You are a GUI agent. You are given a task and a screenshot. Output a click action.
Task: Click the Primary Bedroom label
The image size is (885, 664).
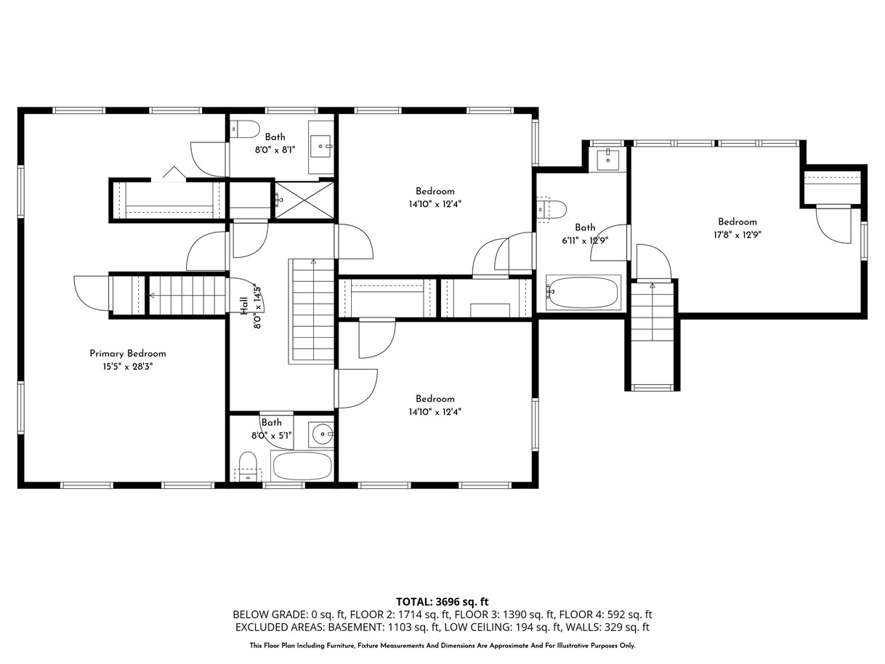(127, 354)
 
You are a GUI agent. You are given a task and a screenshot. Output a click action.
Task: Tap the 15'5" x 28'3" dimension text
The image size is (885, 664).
(128, 367)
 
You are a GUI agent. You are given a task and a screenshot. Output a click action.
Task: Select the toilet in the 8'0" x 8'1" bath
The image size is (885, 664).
(245, 129)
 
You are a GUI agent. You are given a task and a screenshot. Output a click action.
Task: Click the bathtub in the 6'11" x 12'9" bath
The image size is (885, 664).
(583, 293)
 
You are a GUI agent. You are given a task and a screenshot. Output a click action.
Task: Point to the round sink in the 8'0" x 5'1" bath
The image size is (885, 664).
(321, 434)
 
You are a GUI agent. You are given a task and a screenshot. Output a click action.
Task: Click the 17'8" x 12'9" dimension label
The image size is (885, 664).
(737, 235)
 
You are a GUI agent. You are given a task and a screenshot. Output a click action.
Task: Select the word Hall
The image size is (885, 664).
(244, 306)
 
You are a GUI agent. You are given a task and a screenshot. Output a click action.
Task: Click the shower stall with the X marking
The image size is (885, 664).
(304, 201)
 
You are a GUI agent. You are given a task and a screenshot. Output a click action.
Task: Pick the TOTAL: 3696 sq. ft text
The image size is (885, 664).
(442, 602)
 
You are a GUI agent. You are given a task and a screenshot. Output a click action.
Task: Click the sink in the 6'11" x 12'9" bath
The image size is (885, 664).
(607, 160)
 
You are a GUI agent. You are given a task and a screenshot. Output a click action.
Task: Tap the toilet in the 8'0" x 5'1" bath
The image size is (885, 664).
(248, 467)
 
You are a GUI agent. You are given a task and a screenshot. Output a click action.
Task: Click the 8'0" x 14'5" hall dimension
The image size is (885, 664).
(258, 307)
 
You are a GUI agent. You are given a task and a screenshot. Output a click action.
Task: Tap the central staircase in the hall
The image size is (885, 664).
(311, 311)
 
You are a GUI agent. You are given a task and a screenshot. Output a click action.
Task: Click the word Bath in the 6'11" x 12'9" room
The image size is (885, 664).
(585, 227)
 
